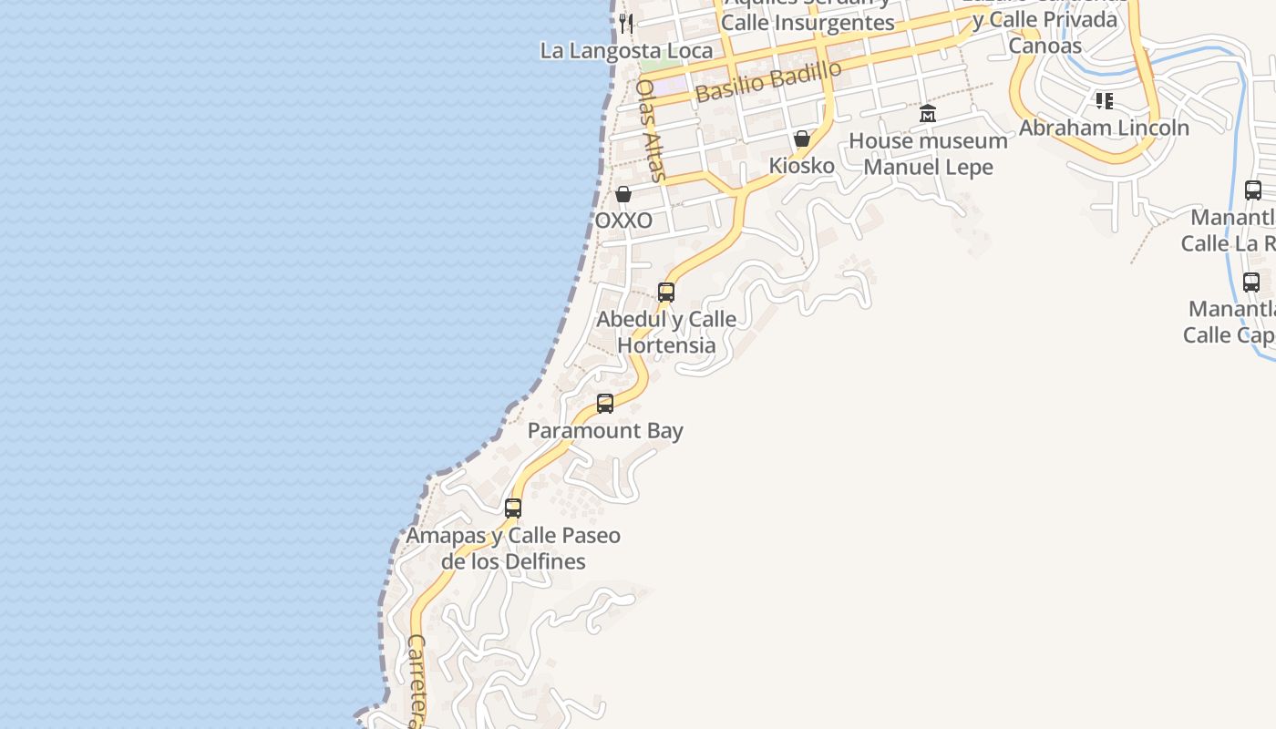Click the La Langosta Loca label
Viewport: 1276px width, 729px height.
tap(626, 50)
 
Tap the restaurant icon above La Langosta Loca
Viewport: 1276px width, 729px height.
tap(625, 23)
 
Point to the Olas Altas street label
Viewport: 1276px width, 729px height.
tap(650, 130)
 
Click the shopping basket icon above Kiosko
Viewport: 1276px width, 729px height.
tap(802, 139)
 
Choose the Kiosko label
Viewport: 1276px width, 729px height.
tap(802, 166)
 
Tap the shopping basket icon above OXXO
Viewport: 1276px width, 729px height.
tap(623, 194)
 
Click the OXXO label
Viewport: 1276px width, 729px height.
tap(623, 221)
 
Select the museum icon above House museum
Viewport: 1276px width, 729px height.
tap(928, 114)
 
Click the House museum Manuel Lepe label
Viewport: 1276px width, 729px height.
tap(928, 154)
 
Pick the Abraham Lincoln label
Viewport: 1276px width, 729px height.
tap(1104, 128)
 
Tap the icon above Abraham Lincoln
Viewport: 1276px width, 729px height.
tap(1105, 100)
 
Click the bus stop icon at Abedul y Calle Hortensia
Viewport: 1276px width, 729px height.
tap(666, 293)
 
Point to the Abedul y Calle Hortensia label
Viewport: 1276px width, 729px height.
tap(666, 333)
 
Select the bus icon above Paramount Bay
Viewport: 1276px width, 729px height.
tap(605, 404)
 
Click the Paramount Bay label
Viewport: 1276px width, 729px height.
tap(605, 431)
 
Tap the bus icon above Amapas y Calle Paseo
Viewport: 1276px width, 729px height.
tap(513, 508)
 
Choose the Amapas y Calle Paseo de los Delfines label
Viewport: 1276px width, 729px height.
tap(513, 549)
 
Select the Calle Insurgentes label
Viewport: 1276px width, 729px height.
tap(808, 23)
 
